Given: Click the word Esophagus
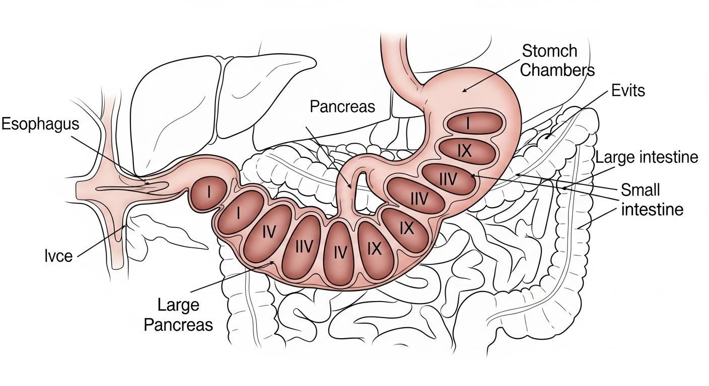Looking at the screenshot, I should click(x=40, y=124).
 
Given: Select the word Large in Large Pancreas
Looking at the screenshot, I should click(x=178, y=305).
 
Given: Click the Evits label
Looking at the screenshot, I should click(x=628, y=91).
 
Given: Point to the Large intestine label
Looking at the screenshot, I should click(x=647, y=157).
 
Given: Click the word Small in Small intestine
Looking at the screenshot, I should click(x=641, y=190).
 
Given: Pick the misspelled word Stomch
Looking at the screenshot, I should click(x=549, y=51).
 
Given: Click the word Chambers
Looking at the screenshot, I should click(x=557, y=70).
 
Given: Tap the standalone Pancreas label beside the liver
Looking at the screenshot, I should click(x=342, y=107).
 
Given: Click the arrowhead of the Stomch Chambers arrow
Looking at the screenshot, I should click(x=464, y=91).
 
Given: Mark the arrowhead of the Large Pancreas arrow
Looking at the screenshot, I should click(x=273, y=262).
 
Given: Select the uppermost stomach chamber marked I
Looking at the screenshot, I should click(x=468, y=123).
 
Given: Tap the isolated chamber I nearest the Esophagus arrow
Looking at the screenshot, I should click(x=208, y=192).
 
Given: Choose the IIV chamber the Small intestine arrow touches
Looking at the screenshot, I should click(x=448, y=179).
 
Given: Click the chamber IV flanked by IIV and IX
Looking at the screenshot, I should click(x=340, y=251).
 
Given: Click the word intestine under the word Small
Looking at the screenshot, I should click(x=653, y=209).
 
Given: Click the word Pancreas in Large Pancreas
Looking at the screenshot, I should click(x=178, y=324).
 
